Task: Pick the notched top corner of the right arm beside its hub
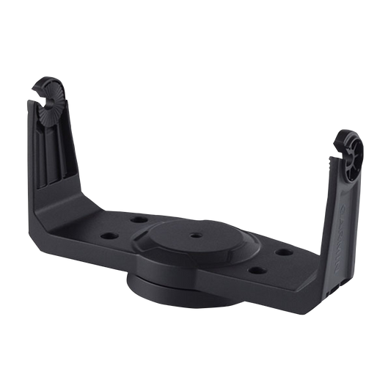coord(334,150)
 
